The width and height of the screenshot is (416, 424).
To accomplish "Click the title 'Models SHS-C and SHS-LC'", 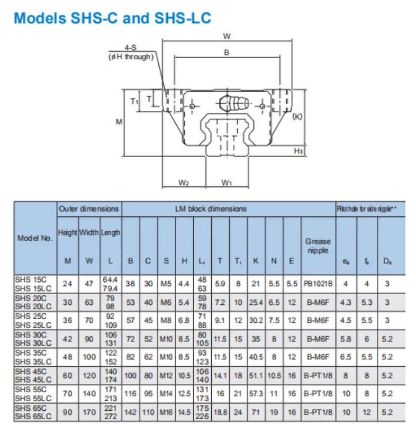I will point(112,17).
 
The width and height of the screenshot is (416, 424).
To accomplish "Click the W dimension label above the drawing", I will point(227,36).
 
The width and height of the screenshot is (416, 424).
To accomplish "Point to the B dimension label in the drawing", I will point(227,53).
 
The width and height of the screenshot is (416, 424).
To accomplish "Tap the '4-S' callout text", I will point(130,47).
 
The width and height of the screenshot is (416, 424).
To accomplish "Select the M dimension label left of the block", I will point(119,122).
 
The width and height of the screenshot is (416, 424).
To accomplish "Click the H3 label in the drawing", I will point(299,151).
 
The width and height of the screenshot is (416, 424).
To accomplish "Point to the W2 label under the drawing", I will point(184,183).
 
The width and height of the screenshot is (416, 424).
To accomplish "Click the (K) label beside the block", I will point(297,116).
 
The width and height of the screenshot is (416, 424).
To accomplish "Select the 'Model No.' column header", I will point(35,238).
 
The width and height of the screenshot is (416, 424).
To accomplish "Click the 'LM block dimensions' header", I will point(210,209).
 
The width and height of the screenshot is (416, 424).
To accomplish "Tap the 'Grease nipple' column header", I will point(318,246).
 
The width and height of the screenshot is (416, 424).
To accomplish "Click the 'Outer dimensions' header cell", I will point(89,209).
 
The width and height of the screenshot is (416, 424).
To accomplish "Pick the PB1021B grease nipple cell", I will point(318,284).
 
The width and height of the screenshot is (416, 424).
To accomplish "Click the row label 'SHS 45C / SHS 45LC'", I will point(33,375).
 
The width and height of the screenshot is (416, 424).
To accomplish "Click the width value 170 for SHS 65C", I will point(89,412).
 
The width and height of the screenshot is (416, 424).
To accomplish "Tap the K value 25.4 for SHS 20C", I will point(256,302).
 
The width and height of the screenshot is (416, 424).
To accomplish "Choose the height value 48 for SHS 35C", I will point(68,357).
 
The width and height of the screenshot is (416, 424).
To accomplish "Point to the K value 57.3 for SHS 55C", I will point(256,393).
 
